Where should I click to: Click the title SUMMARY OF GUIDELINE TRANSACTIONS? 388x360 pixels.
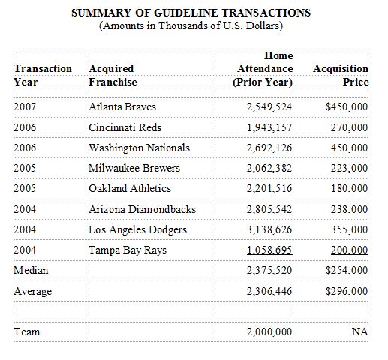[x=191, y=13]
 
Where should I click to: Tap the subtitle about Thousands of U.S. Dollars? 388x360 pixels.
[x=191, y=25]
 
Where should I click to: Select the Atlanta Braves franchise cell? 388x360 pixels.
[x=122, y=106]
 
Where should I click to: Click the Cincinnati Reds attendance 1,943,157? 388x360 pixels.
[x=269, y=127]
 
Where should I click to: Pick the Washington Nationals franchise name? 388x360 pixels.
[x=140, y=148]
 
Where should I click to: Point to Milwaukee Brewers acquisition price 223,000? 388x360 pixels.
[x=350, y=168]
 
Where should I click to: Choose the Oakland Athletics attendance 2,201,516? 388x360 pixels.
[x=269, y=188]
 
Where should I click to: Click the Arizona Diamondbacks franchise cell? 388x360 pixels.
[x=142, y=209]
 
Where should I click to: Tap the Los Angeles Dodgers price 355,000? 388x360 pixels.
[x=350, y=229]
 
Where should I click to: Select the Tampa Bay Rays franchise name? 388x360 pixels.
[x=128, y=250]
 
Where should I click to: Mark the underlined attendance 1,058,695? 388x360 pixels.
[x=269, y=250]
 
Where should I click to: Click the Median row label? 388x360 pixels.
[x=31, y=270]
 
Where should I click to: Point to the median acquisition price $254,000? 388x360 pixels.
[x=347, y=270]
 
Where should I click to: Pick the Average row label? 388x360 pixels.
[x=33, y=291]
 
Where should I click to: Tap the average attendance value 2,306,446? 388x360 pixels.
[x=269, y=291]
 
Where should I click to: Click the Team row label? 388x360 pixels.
[x=27, y=331]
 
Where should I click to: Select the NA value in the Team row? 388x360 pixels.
[x=359, y=331]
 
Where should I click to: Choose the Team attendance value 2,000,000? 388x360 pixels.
[x=269, y=331]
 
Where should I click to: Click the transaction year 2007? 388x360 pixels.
[x=25, y=106]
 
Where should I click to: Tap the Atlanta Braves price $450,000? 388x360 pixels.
[x=347, y=106]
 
